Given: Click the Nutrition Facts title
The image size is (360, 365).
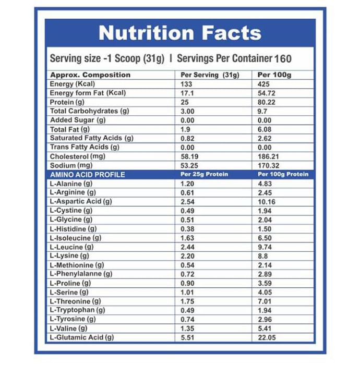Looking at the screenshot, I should pyautogui.click(x=179, y=33).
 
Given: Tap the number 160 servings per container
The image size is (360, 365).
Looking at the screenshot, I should pyautogui.click(x=282, y=58).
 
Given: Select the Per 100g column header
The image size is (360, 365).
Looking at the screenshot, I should pyautogui.click(x=274, y=75).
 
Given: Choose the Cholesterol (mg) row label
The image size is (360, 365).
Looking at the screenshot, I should pyautogui.click(x=78, y=156).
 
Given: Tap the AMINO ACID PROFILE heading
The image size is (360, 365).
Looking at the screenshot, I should pyautogui.click(x=87, y=175).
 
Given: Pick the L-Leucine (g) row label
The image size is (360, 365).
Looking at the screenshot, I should pyautogui.click(x=72, y=247).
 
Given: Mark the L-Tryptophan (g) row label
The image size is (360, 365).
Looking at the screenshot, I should pyautogui.click(x=77, y=310).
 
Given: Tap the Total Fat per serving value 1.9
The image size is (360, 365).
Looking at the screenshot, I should pyautogui.click(x=185, y=129).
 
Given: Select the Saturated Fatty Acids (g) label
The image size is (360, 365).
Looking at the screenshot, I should pyautogui.click(x=92, y=138).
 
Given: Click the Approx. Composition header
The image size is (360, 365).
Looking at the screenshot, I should pyautogui.click(x=90, y=75).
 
